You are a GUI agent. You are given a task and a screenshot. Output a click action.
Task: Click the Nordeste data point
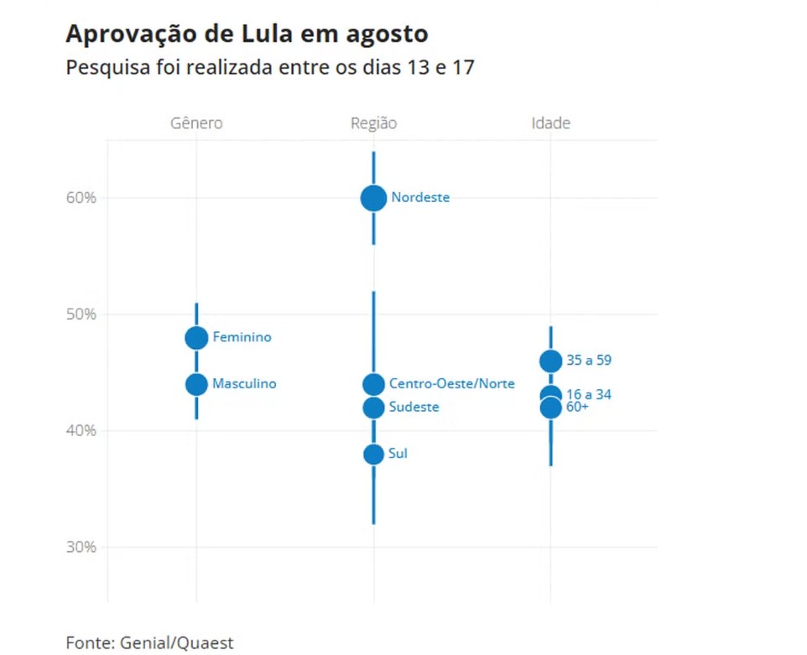click(x=373, y=198)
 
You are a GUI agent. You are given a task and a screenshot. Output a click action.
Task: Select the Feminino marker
click(x=196, y=337)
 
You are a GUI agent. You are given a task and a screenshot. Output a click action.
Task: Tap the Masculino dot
click(x=196, y=384)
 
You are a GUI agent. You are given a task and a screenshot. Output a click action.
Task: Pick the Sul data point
click(x=373, y=454)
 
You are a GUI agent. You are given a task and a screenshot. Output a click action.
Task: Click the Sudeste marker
click(x=373, y=408)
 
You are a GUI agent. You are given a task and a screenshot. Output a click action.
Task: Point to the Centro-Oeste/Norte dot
click(x=373, y=384)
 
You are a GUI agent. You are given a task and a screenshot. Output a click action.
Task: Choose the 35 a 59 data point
click(x=550, y=361)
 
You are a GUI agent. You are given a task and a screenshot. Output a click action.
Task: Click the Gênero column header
click(x=196, y=123)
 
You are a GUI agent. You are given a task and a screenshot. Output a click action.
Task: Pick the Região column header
click(x=373, y=123)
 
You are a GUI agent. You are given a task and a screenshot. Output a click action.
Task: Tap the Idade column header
click(x=550, y=123)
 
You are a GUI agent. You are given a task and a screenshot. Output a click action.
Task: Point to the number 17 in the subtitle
click(x=464, y=67)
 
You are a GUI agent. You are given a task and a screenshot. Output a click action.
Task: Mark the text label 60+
click(x=577, y=407)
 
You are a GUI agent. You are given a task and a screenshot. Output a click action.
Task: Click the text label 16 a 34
click(x=589, y=394)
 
